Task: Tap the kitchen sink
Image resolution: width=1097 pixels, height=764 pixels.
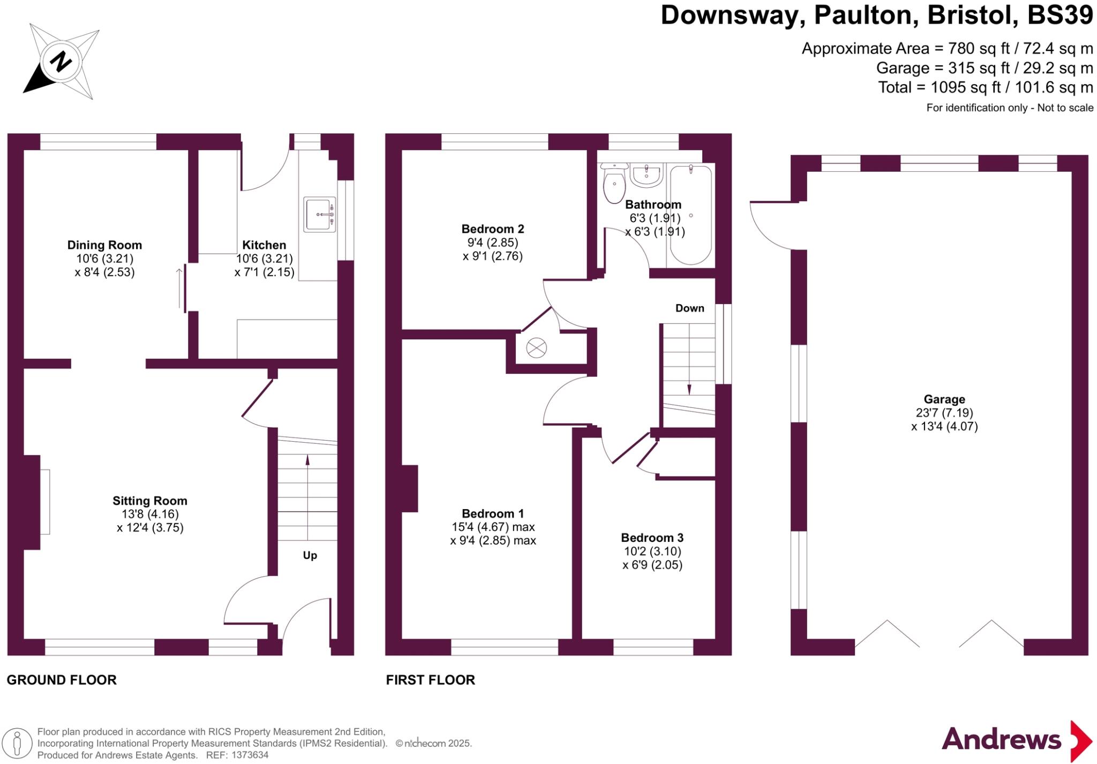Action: (320, 214)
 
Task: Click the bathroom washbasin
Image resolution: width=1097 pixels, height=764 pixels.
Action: (647, 175)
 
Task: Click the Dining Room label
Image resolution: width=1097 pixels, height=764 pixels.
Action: (104, 245)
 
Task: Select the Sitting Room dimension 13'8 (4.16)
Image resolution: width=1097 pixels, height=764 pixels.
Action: (149, 514)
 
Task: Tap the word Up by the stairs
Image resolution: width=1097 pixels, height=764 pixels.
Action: (310, 555)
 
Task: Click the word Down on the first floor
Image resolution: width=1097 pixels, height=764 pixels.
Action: (689, 308)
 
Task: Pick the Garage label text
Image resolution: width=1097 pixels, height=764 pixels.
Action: (944, 399)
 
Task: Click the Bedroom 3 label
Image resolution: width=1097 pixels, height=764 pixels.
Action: (652, 538)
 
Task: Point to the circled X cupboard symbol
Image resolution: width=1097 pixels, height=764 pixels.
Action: (536, 349)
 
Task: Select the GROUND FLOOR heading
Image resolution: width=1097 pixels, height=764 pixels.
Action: (62, 680)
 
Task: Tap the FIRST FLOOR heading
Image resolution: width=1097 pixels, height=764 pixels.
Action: (430, 680)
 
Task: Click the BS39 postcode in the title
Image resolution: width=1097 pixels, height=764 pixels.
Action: (1060, 15)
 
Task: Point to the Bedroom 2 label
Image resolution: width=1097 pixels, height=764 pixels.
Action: (492, 229)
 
